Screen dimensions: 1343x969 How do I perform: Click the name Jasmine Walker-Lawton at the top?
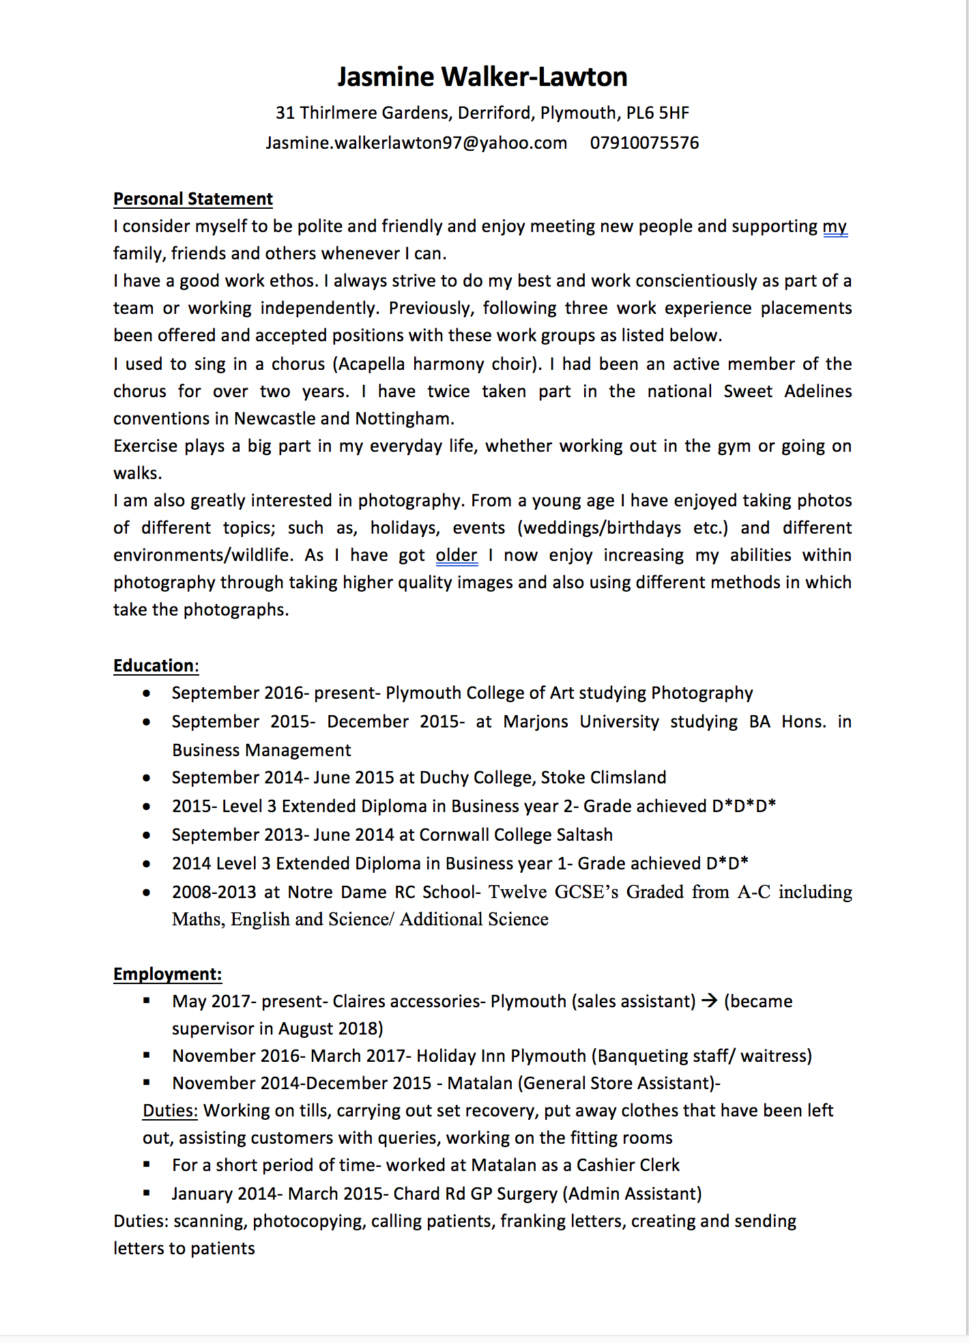(482, 77)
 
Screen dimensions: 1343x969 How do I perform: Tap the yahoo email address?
(416, 143)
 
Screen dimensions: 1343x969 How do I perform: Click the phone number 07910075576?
(644, 143)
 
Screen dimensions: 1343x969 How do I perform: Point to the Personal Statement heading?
(193, 199)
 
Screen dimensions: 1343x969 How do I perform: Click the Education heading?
(154, 665)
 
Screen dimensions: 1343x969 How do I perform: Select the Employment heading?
(167, 974)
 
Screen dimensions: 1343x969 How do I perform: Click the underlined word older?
(457, 555)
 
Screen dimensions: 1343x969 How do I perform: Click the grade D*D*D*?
(744, 806)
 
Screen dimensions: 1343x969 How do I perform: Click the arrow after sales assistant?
(710, 1000)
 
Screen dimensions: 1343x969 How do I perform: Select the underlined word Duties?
(170, 1110)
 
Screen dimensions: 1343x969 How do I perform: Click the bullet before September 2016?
(147, 693)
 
